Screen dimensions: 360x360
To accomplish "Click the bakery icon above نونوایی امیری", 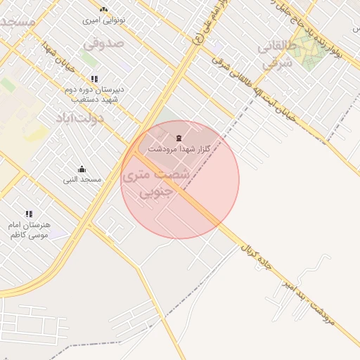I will [x=104, y=9].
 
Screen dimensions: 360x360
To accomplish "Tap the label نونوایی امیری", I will [x=104, y=20].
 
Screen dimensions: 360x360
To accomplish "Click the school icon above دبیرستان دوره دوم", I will [x=94, y=78].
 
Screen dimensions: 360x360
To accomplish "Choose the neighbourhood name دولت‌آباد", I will [x=79, y=117].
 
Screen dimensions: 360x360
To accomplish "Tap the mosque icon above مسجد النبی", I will [x=82, y=169].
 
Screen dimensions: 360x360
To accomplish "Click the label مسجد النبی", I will [x=82, y=180].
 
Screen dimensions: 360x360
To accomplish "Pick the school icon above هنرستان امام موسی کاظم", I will [x=29, y=214].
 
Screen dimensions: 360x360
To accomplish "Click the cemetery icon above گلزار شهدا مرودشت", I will [x=178, y=136].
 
